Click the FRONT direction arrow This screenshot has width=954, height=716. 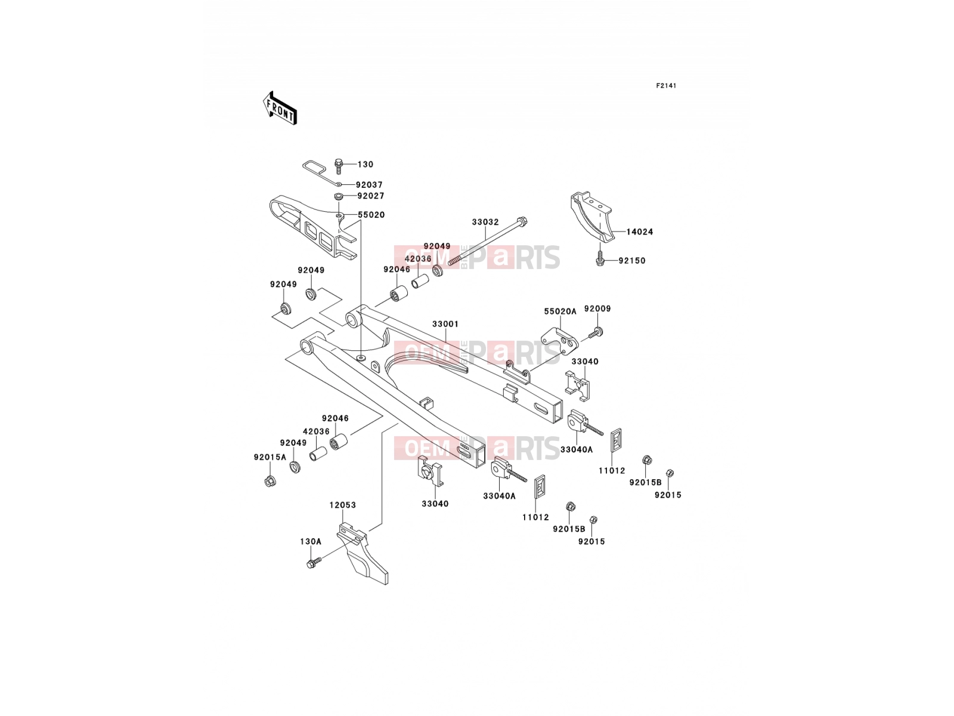[x=280, y=108]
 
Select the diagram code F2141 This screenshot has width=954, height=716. [x=666, y=86]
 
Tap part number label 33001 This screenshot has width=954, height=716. [x=445, y=324]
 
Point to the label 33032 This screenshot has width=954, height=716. [x=485, y=222]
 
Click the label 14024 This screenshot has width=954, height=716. [x=639, y=232]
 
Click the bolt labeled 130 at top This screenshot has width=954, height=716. [x=339, y=166]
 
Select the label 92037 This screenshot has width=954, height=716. [x=369, y=184]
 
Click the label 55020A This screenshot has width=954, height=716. [x=560, y=311]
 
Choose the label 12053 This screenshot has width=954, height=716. [x=342, y=505]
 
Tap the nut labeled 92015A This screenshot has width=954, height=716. [x=270, y=482]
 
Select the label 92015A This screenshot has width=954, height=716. [x=270, y=457]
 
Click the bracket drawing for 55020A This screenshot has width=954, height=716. [x=560, y=341]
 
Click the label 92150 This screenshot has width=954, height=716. [x=632, y=260]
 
